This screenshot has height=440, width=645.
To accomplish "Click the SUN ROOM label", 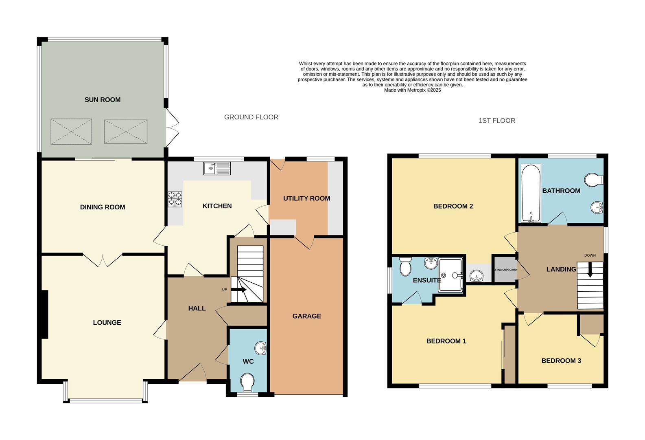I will [x=103, y=100].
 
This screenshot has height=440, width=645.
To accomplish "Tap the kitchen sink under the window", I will [x=217, y=168].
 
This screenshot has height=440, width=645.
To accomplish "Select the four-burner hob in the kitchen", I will [x=175, y=199].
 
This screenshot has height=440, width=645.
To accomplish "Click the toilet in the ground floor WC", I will [x=247, y=382].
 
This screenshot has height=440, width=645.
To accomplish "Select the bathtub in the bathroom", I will [x=531, y=193].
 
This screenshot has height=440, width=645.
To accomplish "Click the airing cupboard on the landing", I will [x=505, y=269].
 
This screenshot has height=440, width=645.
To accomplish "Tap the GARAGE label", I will [x=306, y=316].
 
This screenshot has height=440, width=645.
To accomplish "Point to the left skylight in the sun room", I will [x=71, y=131].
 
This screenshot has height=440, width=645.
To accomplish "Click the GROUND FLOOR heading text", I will [x=251, y=117].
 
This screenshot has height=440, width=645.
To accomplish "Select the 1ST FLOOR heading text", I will [x=496, y=121].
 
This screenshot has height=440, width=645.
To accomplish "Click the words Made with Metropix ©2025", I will [x=412, y=90].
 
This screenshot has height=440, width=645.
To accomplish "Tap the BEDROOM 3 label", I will [x=561, y=361].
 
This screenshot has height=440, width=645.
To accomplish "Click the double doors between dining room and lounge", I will [x=103, y=259].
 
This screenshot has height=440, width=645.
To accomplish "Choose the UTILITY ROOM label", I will [x=306, y=198].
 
